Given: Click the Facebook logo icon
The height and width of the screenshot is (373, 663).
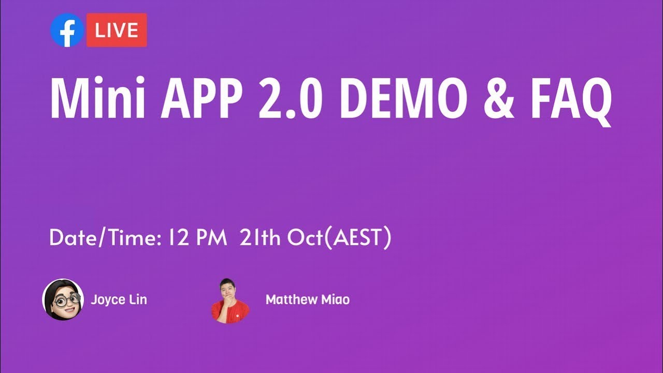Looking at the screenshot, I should click(67, 30).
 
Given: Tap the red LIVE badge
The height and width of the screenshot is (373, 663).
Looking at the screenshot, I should click(117, 30).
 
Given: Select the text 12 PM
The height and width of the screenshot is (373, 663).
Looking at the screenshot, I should click(197, 238).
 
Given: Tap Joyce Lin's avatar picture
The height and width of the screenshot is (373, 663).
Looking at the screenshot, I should click(63, 299).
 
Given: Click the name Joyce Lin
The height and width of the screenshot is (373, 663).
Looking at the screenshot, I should click(119, 299).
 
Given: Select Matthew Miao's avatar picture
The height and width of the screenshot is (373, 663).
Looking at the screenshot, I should click(230, 301).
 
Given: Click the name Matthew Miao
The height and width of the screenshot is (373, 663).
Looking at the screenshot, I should click(307, 299).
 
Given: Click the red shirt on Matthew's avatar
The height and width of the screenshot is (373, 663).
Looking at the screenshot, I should click(230, 313).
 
